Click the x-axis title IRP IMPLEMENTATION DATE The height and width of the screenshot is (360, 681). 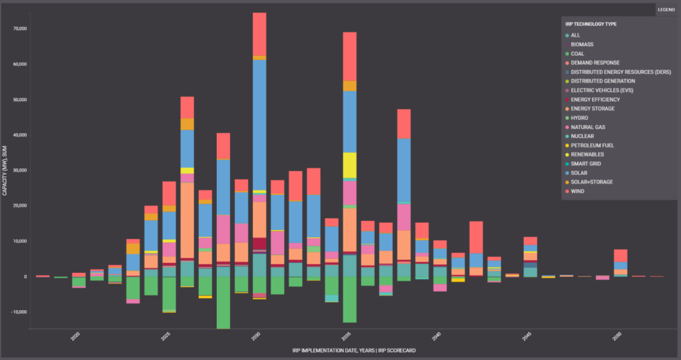(354, 350)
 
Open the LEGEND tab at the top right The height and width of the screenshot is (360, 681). (666, 9)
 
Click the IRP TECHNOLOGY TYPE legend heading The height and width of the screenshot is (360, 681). (591, 25)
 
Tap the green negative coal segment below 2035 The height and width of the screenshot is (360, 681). (350, 299)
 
